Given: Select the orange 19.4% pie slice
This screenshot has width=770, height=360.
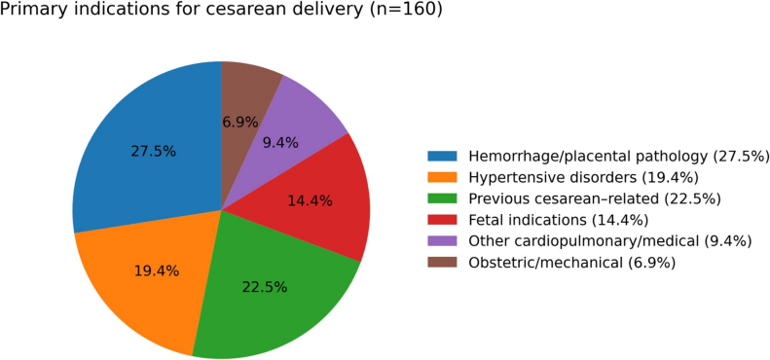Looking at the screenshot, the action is click(147, 275).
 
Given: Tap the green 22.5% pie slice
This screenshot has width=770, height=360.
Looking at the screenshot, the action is click(270, 290).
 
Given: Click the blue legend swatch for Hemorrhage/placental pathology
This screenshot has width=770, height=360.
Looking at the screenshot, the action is click(442, 157).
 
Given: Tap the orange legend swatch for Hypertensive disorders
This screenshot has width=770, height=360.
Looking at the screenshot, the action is click(442, 177).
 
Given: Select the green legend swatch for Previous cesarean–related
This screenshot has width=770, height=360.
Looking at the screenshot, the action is click(442, 198).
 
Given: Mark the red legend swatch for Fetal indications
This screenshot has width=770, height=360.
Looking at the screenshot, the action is click(442, 220).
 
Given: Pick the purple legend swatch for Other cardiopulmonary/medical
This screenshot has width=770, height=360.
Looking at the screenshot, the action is click(442, 240).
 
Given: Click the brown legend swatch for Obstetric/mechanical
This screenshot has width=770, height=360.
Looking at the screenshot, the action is click(442, 263).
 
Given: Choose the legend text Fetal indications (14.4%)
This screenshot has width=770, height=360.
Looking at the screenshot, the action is click(559, 220).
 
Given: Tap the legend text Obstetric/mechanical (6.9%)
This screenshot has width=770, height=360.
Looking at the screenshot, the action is click(572, 263).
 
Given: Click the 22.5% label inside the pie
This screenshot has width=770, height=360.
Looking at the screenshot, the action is click(264, 287).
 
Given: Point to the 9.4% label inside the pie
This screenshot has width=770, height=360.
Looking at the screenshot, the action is click(279, 143).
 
